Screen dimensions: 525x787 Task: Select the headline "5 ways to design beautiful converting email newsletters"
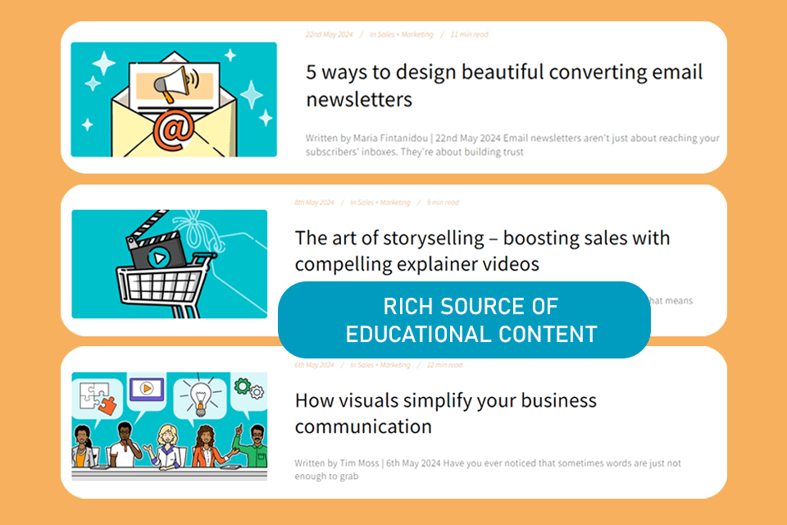pos(504,85)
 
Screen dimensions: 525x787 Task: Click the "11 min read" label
pos(470,34)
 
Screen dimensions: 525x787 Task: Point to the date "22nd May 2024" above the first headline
pos(328,34)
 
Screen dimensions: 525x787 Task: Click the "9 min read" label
pos(443,203)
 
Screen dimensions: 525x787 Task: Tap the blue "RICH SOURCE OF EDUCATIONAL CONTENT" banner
pos(464,320)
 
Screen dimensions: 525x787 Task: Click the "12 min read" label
pos(443,365)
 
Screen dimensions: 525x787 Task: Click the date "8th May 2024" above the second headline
pos(315,203)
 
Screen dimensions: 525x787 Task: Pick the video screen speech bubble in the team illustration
pos(147,388)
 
